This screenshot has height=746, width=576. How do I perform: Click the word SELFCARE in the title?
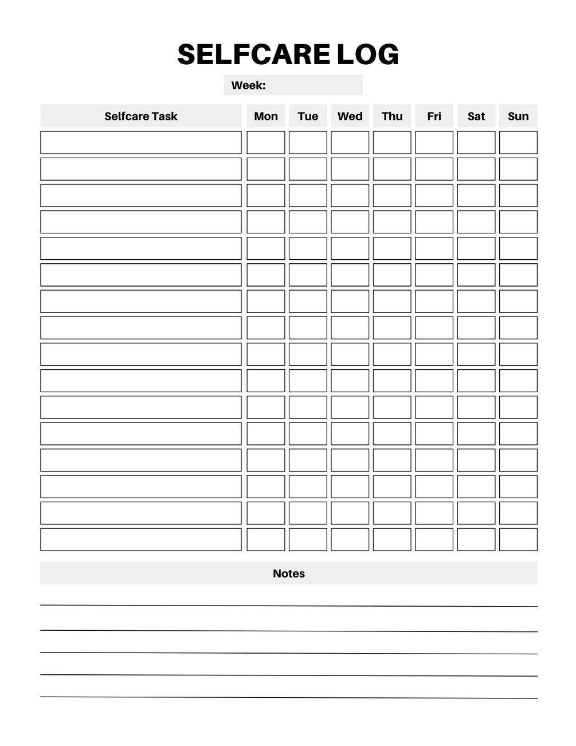click(253, 55)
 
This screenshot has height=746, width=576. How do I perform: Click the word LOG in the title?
click(367, 55)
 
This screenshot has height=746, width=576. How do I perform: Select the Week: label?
click(248, 85)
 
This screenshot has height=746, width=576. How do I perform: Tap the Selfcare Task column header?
click(141, 116)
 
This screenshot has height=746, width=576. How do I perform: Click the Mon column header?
click(266, 116)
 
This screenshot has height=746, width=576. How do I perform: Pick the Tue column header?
click(308, 116)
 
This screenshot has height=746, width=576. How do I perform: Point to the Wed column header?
click(350, 116)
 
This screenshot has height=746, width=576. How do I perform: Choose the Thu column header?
click(392, 116)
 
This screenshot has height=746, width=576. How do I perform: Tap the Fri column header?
click(434, 116)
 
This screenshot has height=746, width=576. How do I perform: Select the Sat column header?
click(476, 116)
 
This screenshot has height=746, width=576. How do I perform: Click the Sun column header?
click(518, 116)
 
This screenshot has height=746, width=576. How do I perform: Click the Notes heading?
click(289, 573)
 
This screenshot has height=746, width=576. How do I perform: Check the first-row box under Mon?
click(266, 143)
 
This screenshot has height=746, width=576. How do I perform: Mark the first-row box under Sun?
click(518, 143)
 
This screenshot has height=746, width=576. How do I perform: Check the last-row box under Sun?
click(518, 540)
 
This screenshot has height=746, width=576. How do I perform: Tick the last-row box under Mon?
click(266, 540)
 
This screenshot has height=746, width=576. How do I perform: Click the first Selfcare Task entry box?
click(141, 143)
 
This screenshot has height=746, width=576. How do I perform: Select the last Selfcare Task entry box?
click(141, 540)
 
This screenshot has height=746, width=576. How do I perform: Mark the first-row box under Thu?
click(392, 143)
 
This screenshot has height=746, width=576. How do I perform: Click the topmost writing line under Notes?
click(289, 605)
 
